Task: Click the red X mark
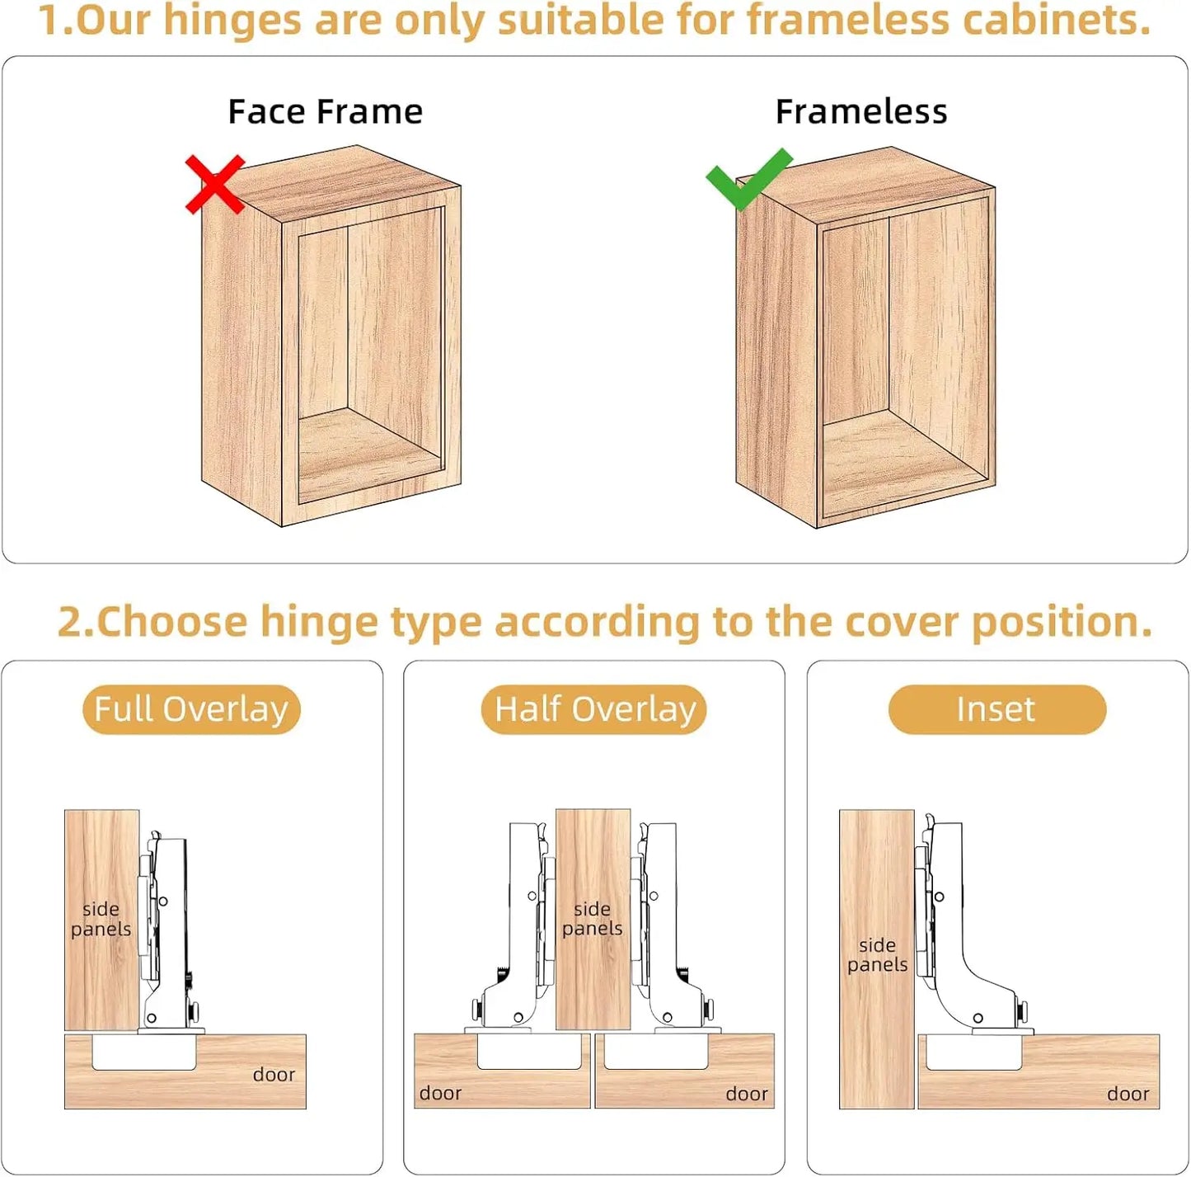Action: point(216,184)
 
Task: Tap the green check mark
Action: point(748,178)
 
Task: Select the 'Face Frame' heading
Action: point(326,112)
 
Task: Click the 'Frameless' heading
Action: point(861,112)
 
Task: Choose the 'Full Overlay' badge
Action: point(191,709)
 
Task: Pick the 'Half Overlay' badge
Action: point(594,709)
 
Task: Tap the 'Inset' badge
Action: point(997,709)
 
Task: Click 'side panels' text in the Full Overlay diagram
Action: point(101,919)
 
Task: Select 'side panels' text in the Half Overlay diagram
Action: point(592,919)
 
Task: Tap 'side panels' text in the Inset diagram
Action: point(877,954)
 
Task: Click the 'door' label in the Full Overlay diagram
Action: point(274,1075)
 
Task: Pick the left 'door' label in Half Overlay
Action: point(440,1093)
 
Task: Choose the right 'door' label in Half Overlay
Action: point(747,1094)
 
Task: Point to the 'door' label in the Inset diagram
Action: point(1128,1094)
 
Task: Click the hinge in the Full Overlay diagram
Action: point(166,928)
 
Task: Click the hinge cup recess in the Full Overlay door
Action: point(144,1052)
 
